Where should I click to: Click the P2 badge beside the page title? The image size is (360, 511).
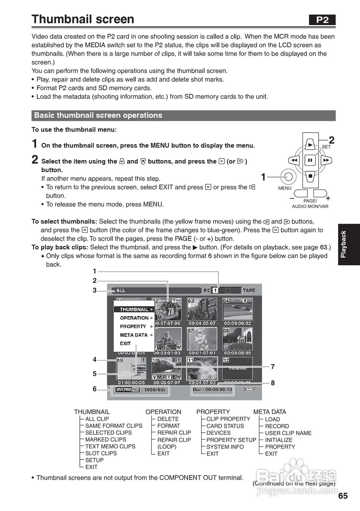pyautogui.click(x=322, y=20)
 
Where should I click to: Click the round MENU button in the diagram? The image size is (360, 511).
pyautogui.click(x=289, y=176)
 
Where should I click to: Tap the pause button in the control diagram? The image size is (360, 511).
pyautogui.click(x=310, y=160)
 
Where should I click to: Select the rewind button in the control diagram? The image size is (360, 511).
pyautogui.click(x=294, y=160)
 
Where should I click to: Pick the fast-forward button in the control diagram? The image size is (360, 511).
pyautogui.click(x=326, y=160)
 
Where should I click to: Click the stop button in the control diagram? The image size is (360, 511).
pyautogui.click(x=310, y=176)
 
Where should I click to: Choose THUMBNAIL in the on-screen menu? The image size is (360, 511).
pyautogui.click(x=134, y=309)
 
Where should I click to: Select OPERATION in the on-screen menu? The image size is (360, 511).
pyautogui.click(x=134, y=318)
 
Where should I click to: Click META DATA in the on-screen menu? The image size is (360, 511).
pyautogui.click(x=134, y=335)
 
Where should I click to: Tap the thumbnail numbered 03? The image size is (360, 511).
pyautogui.click(x=202, y=309)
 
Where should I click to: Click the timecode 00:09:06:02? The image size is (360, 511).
pyautogui.click(x=237, y=323)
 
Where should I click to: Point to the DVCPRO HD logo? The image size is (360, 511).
pyautogui.click(x=127, y=389)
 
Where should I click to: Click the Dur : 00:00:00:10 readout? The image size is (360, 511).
pyautogui.click(x=212, y=390)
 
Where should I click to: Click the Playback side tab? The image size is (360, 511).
pyautogui.click(x=348, y=244)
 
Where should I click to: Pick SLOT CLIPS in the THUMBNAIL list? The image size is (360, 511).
pyautogui.click(x=101, y=454)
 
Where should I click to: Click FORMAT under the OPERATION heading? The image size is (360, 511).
pyautogui.click(x=168, y=426)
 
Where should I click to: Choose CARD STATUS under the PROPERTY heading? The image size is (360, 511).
pyautogui.click(x=225, y=426)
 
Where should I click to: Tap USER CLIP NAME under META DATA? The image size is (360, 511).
pyautogui.click(x=288, y=433)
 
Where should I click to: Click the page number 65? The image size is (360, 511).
pyautogui.click(x=343, y=496)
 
